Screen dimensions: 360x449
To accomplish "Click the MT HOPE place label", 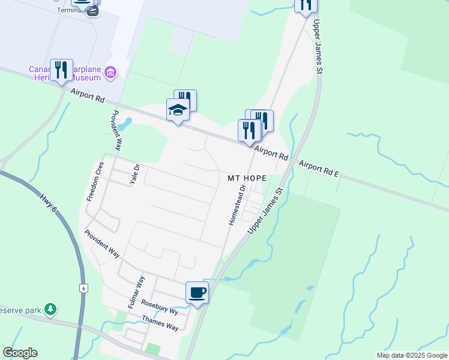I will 246,178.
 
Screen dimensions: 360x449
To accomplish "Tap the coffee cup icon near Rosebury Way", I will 197,292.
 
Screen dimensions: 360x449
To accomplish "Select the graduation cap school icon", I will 178,110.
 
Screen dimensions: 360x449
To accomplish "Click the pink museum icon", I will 110,73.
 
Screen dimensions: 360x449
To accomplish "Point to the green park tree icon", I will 51,310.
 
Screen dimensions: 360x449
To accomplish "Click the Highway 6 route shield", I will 83,289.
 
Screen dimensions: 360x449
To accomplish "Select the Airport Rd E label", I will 319,169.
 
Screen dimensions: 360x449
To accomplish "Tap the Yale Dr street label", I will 136,175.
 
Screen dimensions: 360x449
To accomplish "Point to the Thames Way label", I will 160,323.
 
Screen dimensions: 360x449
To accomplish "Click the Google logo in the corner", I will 20,353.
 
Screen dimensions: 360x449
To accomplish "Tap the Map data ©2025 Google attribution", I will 412,355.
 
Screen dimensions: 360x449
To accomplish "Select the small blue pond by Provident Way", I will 125,124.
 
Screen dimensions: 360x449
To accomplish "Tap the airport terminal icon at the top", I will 92,11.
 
